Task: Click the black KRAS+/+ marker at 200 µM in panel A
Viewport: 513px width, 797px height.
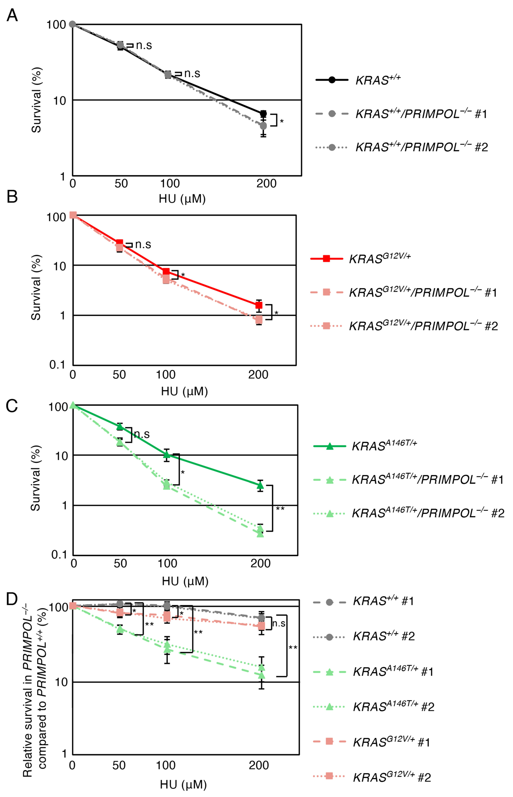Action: pos(263,114)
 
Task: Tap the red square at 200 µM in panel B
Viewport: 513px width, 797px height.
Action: pos(259,305)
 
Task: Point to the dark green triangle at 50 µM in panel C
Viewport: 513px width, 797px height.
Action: pos(120,426)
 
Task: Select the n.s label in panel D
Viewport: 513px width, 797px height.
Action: pos(279,624)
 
